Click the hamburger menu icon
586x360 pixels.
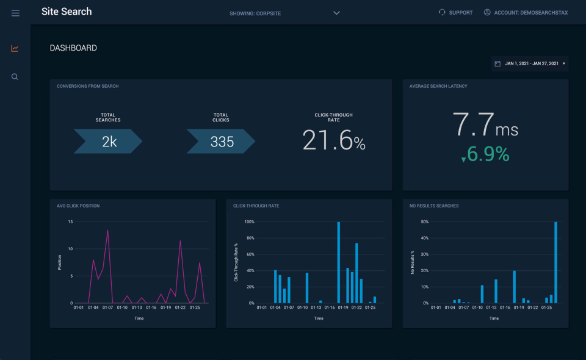coord(15,13)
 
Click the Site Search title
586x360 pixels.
coord(67,12)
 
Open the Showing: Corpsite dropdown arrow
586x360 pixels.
coord(336,13)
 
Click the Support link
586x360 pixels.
coord(455,13)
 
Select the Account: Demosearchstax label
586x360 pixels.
coord(526,13)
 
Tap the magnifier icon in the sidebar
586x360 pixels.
coord(15,77)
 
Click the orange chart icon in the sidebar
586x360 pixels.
coord(15,49)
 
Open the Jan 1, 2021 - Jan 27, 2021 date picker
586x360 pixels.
coord(530,63)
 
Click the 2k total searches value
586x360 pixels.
coord(109,142)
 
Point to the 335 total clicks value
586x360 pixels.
coord(222,142)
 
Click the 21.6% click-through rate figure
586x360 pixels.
coord(333,141)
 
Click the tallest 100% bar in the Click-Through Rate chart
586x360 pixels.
coord(338,262)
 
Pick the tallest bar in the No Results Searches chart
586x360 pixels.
coord(555,262)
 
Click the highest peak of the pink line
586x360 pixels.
coord(108,231)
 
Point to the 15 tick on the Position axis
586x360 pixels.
coord(70,222)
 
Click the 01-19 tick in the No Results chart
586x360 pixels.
coord(519,308)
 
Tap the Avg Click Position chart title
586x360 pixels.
coord(78,206)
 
